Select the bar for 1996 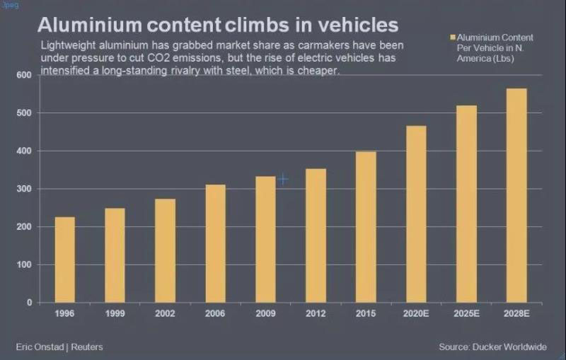coord(64,260)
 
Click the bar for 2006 coord(216,243)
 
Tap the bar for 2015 coord(366,226)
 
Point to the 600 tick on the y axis coord(24,75)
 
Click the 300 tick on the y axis coord(24,189)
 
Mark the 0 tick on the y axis coord(29,303)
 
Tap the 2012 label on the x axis coord(316,313)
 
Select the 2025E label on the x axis coord(466,313)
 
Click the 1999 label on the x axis coord(115,313)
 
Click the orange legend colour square coord(451,36)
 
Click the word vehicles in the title coord(357,25)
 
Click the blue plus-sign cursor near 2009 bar coord(283,180)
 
